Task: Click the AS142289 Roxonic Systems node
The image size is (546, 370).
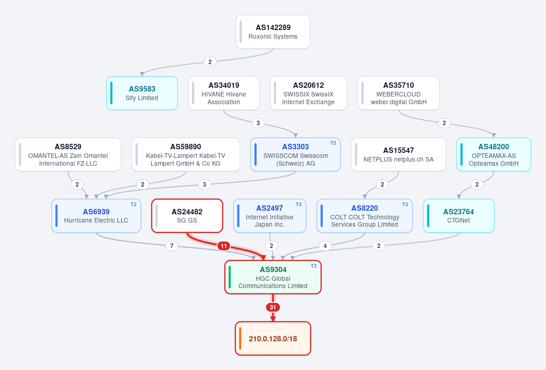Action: tap(273, 32)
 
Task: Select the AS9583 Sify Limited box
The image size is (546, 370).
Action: tap(142, 93)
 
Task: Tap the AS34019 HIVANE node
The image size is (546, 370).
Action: tap(223, 93)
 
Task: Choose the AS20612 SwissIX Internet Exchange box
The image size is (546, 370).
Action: tap(308, 93)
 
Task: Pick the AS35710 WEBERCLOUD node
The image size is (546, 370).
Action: tap(399, 93)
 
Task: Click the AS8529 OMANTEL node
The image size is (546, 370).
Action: tap(68, 155)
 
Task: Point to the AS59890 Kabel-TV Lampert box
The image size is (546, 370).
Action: tap(186, 155)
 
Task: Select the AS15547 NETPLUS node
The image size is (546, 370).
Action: tap(399, 155)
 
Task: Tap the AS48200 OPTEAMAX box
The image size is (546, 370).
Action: tap(494, 155)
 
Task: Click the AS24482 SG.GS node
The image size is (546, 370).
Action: tap(187, 216)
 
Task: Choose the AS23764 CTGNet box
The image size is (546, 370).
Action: tap(459, 216)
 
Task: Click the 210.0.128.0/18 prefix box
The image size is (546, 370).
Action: tap(273, 339)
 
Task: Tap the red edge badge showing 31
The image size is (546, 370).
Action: tap(273, 307)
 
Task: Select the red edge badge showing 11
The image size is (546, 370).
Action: tap(224, 246)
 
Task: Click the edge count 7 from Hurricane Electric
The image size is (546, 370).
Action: tap(172, 246)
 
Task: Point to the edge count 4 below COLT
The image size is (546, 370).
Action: tap(325, 246)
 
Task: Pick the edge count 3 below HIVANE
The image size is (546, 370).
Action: tap(258, 123)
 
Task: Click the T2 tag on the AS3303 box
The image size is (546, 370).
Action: tap(333, 143)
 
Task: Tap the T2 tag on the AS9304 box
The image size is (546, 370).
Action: tap(313, 266)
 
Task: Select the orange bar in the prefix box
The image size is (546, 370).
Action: tap(240, 339)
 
